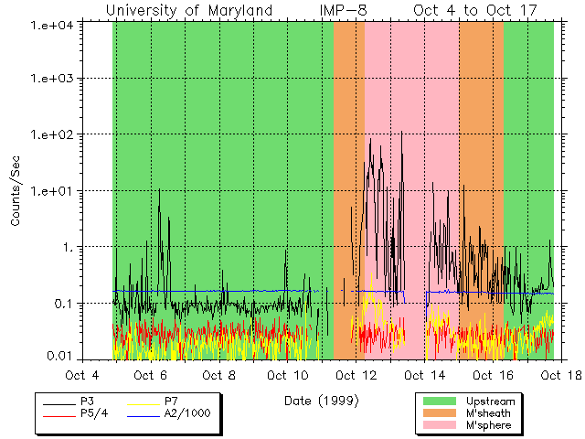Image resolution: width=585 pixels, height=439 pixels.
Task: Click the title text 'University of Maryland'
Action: [x=189, y=10]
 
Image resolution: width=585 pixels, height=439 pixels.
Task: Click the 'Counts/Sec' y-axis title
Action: [x=16, y=191]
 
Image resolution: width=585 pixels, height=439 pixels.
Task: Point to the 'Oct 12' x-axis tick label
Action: [x=356, y=375]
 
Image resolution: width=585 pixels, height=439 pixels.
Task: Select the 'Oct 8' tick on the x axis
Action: [x=219, y=375]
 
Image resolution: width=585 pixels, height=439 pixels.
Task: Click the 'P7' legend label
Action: [x=171, y=402]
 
